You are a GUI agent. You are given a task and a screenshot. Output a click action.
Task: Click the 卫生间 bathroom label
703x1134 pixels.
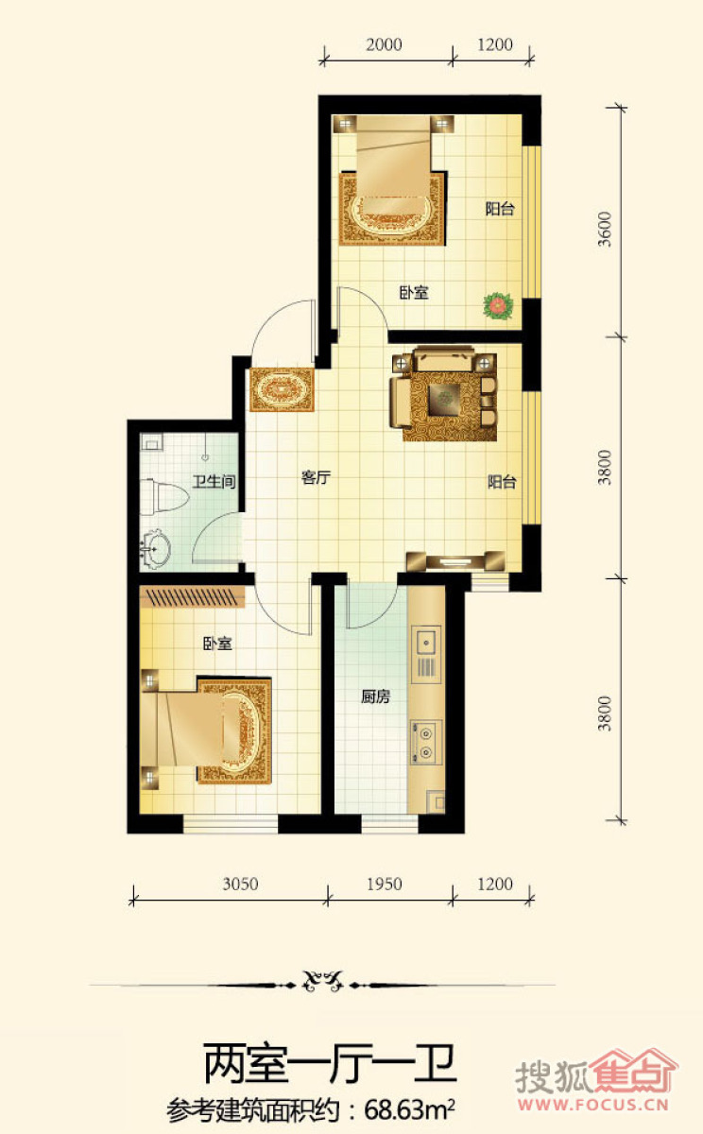point(214,481)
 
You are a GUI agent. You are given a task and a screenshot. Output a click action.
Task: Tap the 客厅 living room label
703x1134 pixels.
point(316,477)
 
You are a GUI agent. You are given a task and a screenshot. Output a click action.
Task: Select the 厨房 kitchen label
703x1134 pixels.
point(375,696)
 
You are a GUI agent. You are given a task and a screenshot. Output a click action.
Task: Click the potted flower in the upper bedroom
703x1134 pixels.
point(499,305)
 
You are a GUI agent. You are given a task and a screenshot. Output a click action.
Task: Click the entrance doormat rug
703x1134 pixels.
point(282,389)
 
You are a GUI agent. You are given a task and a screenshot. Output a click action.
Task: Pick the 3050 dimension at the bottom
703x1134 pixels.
point(240,884)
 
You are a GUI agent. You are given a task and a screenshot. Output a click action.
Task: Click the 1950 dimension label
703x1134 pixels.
point(385,884)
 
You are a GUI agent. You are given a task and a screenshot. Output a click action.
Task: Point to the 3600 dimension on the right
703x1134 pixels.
point(605,229)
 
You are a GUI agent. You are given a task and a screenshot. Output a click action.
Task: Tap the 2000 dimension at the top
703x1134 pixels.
point(385,44)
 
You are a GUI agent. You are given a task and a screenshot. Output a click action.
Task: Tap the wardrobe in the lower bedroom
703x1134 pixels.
point(193,597)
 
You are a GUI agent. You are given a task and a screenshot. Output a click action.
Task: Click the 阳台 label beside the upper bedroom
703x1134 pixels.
point(500,209)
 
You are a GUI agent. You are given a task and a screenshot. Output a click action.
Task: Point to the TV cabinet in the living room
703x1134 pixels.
point(456,561)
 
